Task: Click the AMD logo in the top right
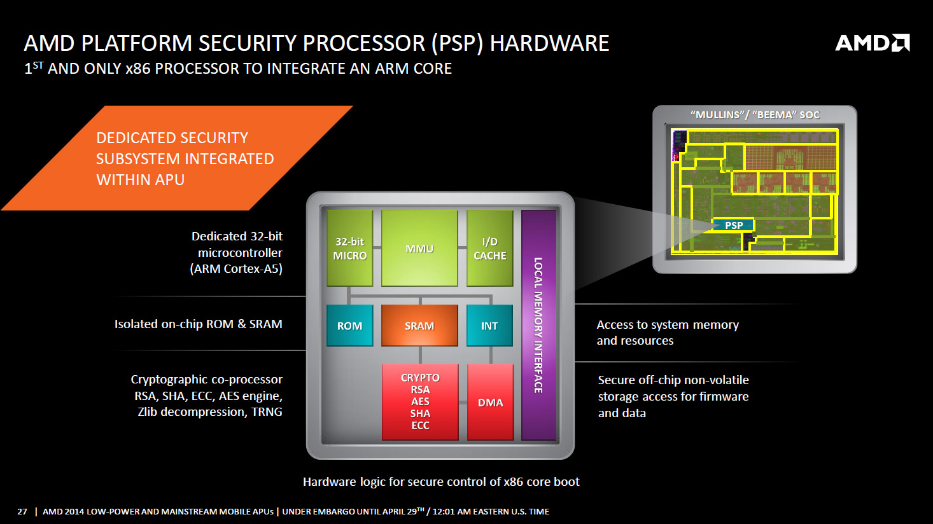click(x=872, y=43)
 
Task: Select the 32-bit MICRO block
click(x=349, y=249)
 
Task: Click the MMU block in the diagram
click(x=419, y=249)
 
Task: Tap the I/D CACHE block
click(x=489, y=249)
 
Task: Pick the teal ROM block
click(x=349, y=326)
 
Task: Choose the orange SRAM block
click(x=419, y=326)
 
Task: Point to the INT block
click(x=489, y=326)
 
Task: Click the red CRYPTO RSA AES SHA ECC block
click(x=420, y=401)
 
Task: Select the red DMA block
click(x=490, y=403)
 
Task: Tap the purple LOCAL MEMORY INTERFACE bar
click(x=538, y=325)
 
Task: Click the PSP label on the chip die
click(x=734, y=225)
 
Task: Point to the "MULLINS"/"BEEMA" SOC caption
click(x=755, y=115)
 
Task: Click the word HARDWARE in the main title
click(x=549, y=43)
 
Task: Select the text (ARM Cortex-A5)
click(x=236, y=269)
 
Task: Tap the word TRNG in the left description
click(x=267, y=412)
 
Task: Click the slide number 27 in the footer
click(x=22, y=512)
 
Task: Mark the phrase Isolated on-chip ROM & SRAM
click(x=198, y=324)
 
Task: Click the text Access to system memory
click(x=668, y=325)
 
